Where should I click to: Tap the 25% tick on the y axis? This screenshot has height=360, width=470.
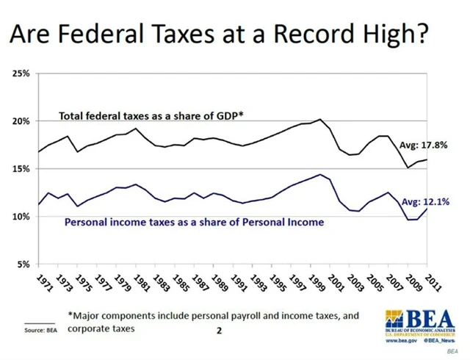click(x=20, y=73)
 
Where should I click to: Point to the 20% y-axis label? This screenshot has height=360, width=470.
click(x=20, y=121)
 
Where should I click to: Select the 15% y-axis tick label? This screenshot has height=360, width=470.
click(x=20, y=169)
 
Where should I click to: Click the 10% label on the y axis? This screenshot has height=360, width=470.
click(x=20, y=217)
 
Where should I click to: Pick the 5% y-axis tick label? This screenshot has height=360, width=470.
click(x=22, y=264)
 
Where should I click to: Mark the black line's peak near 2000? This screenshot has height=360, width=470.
click(x=319, y=119)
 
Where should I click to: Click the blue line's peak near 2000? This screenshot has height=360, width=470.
click(x=319, y=175)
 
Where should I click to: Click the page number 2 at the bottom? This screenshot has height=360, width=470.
click(x=218, y=331)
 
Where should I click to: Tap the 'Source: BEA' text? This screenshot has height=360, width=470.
click(x=40, y=332)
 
